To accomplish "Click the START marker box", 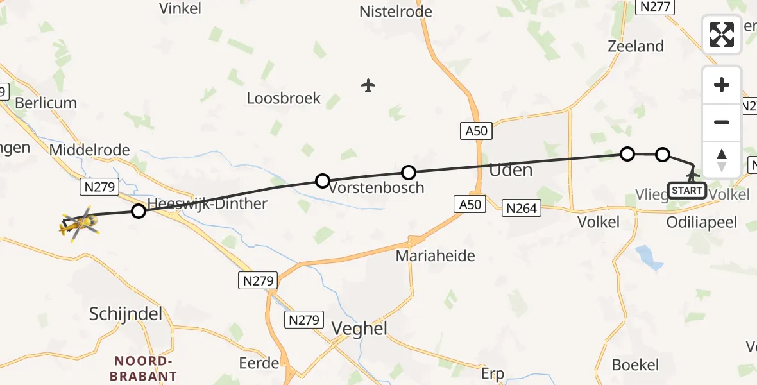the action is click(x=686, y=191).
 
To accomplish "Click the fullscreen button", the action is click(x=722, y=35).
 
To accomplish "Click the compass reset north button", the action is click(x=722, y=159).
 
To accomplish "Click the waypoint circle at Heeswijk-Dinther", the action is click(x=138, y=210).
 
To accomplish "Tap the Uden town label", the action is click(x=511, y=170).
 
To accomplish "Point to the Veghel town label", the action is click(x=359, y=329).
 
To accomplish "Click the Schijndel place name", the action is click(x=126, y=314).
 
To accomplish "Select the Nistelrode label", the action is click(x=396, y=12).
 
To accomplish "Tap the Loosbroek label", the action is click(x=284, y=99).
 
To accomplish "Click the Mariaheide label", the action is click(x=436, y=256).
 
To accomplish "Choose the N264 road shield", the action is click(x=523, y=208).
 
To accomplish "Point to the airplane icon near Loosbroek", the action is click(x=368, y=85).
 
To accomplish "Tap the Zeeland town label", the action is click(x=636, y=46).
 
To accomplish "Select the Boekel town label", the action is click(x=635, y=365).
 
